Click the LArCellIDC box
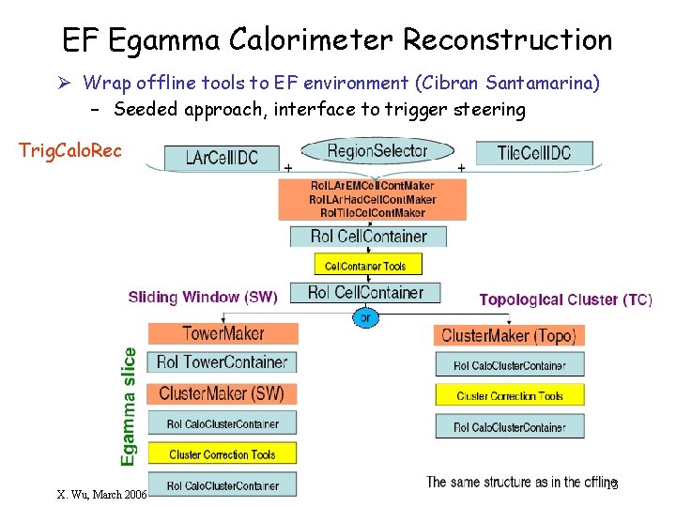coord(222,158)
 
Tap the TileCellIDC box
coord(533,153)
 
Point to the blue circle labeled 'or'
coord(366,318)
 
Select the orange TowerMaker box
coord(223,333)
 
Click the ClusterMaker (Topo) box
coord(509,335)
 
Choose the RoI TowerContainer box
coord(222,362)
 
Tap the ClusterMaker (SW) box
coord(222,393)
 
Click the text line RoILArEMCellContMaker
coord(372,186)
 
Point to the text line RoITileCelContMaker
coord(372,212)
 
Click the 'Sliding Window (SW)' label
coord(203,298)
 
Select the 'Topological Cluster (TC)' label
coord(565,300)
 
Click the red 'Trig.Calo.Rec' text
coord(70,150)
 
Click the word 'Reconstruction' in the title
coord(507,40)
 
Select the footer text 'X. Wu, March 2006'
coord(100,494)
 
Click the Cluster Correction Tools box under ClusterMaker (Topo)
coord(509,396)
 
